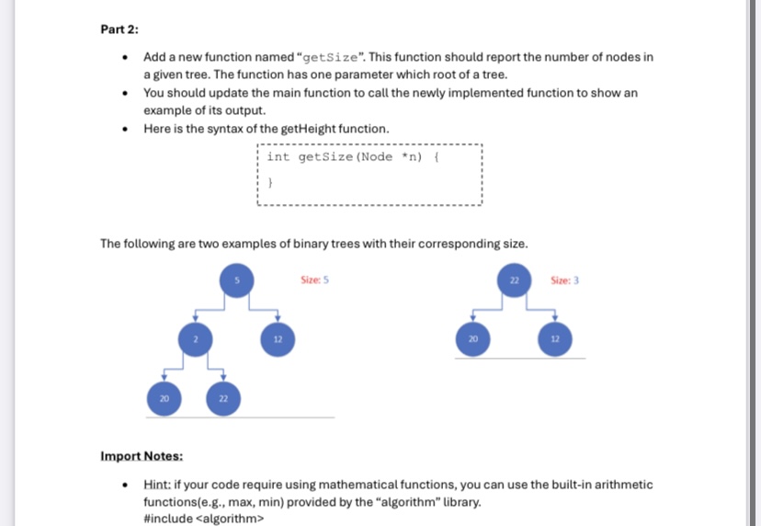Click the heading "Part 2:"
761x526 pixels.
tap(119, 29)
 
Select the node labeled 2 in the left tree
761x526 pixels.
tap(196, 339)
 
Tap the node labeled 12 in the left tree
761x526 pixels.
tap(277, 339)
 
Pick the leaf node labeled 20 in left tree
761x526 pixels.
tap(164, 397)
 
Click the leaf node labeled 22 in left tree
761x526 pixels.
tap(223, 397)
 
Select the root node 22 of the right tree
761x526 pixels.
tap(515, 279)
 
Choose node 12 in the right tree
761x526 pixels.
tap(554, 339)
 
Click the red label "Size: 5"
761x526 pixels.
tap(314, 279)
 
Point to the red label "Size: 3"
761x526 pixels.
tap(564, 279)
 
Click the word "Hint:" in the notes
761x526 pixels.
tap(159, 484)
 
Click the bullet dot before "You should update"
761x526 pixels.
tap(125, 94)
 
